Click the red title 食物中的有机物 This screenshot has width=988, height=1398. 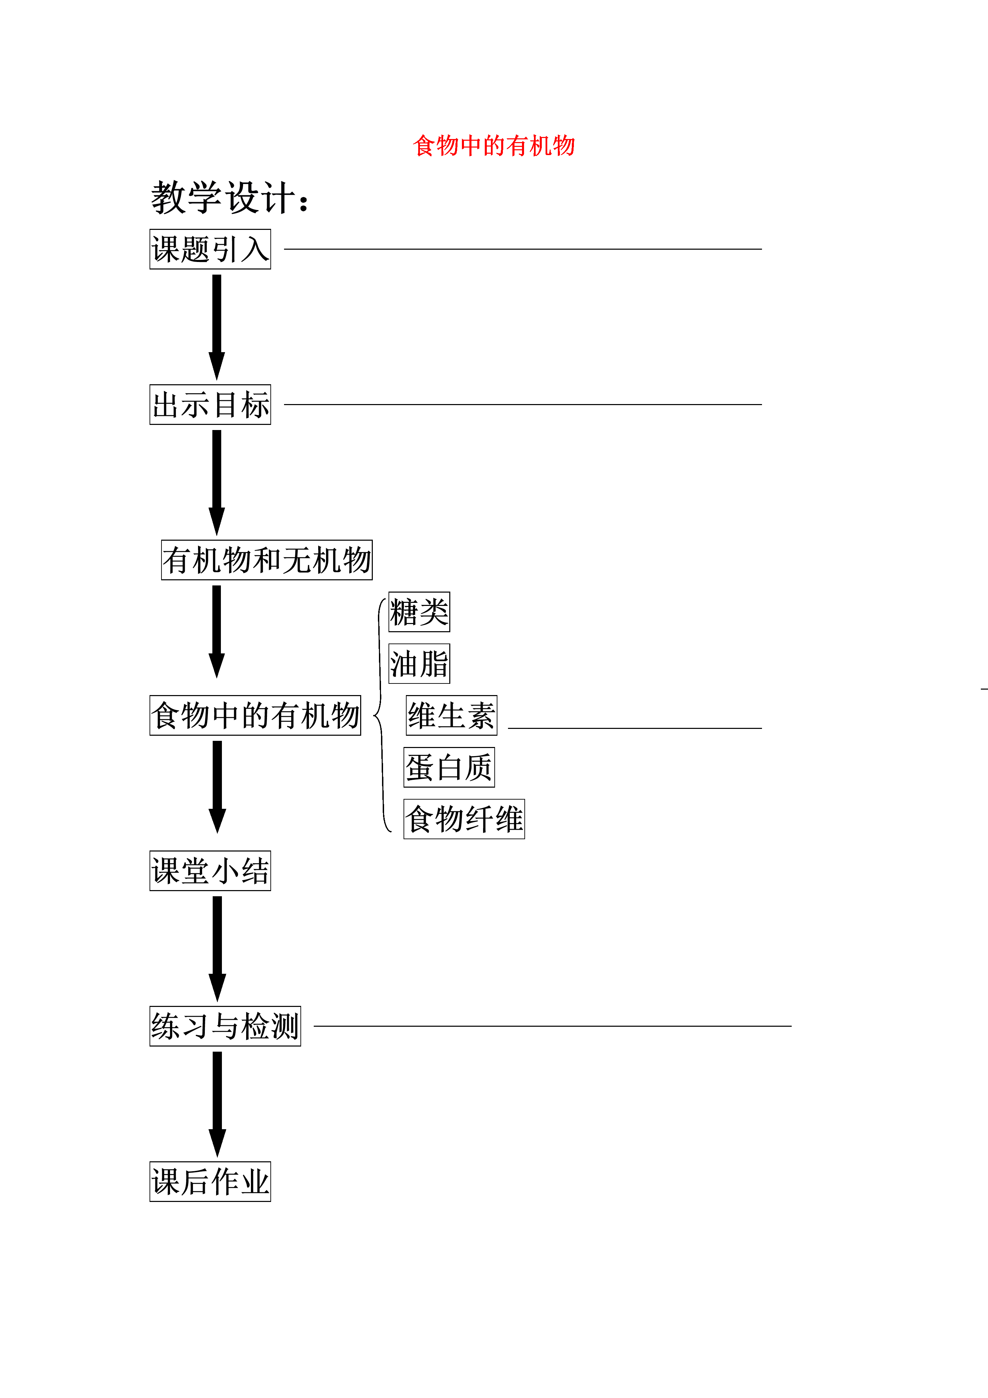click(x=494, y=146)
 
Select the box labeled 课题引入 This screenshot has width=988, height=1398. click(x=210, y=249)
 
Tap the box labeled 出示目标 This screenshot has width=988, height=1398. click(x=210, y=404)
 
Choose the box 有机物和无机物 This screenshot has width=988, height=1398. click(x=267, y=559)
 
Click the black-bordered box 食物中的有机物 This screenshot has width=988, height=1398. click(x=255, y=716)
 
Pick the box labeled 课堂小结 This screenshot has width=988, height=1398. click(x=210, y=871)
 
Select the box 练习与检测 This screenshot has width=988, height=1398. click(x=225, y=1026)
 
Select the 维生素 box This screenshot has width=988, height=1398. click(x=452, y=716)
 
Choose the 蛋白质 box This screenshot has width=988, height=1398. click(x=449, y=767)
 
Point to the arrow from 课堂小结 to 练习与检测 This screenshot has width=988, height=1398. click(x=217, y=949)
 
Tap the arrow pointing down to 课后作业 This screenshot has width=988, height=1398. click(x=217, y=1104)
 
